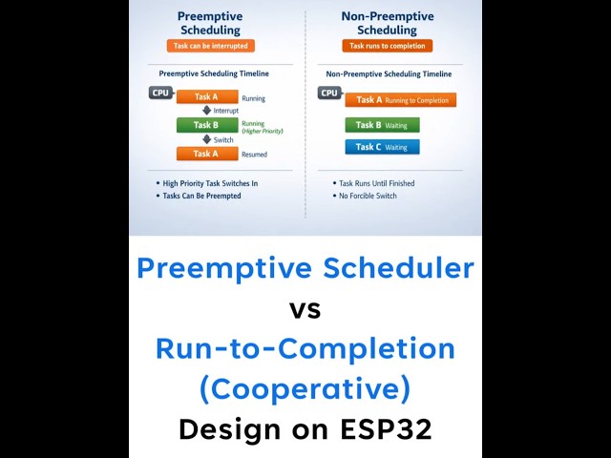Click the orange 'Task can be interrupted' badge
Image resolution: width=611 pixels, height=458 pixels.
coord(210,46)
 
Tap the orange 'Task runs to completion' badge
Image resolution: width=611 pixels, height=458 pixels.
coord(387,46)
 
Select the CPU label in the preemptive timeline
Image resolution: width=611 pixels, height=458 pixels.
coord(160,93)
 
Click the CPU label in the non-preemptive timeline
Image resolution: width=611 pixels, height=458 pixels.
coord(329,93)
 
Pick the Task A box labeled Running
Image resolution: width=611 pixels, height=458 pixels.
coord(206,96)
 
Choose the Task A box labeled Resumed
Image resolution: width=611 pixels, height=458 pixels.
coord(206,154)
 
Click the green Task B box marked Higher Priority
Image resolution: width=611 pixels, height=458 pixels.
coord(206,125)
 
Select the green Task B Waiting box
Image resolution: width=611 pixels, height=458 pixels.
coord(382,125)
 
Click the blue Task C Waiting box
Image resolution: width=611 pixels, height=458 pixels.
coord(382,147)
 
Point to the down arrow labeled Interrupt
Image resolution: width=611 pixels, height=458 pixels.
coord(206,111)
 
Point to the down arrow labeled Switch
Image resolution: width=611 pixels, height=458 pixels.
coord(206,139)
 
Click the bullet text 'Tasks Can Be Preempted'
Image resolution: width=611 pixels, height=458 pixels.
coord(201,196)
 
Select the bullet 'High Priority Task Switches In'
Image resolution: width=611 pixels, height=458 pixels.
coord(210,183)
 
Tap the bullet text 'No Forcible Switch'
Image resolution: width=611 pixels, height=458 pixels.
coord(368,196)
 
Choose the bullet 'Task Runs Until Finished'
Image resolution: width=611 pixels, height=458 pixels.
coord(376,183)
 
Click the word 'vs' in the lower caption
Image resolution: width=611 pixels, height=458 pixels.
coord(305,309)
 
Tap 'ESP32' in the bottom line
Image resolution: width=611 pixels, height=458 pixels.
coord(386,429)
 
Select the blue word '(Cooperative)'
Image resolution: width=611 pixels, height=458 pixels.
coord(305,388)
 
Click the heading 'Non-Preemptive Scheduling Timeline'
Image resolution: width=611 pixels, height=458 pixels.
coord(389,73)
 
